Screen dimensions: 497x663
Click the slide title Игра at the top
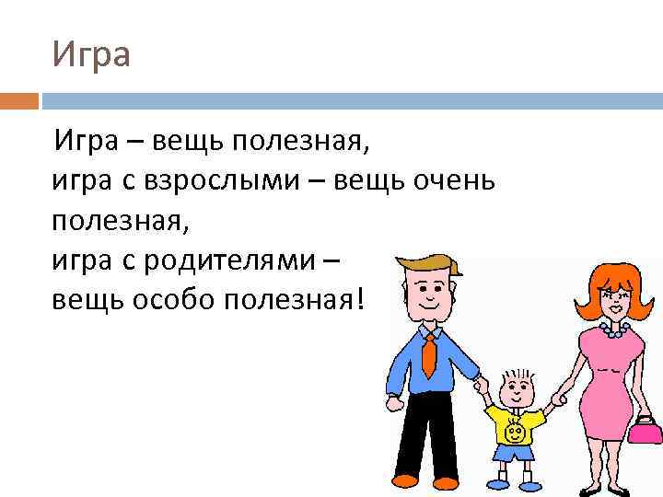(x=91, y=54)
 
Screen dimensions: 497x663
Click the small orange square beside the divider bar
(x=19, y=100)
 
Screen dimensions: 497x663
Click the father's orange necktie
(x=429, y=354)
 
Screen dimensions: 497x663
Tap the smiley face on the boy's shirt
(x=516, y=429)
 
